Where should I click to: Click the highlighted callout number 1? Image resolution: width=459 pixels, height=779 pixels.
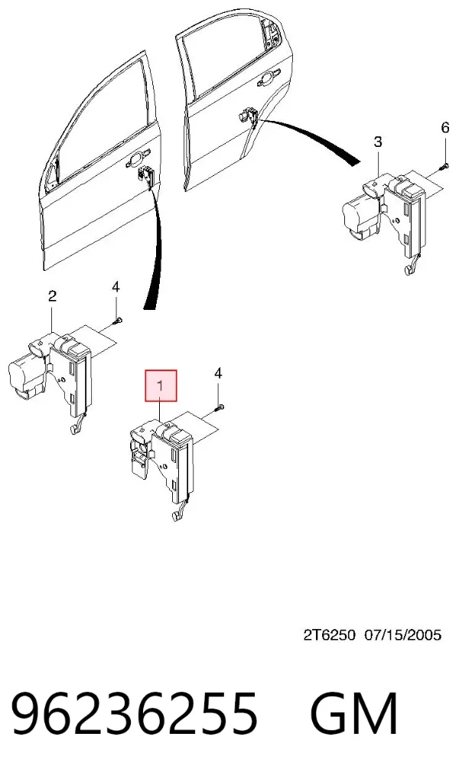(x=160, y=385)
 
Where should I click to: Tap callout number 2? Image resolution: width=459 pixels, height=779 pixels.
(x=52, y=297)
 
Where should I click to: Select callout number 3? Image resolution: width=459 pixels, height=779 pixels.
(x=378, y=142)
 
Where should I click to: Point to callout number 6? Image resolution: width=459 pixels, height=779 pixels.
(x=445, y=128)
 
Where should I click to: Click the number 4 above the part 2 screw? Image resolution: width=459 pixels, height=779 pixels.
(x=116, y=287)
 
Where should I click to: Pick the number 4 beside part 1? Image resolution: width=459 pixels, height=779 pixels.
(x=219, y=373)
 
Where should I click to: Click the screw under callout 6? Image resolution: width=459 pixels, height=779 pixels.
(x=444, y=166)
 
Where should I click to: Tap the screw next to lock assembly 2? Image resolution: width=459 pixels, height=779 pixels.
(x=119, y=321)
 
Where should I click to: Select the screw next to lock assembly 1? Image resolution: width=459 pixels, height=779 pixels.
(x=220, y=409)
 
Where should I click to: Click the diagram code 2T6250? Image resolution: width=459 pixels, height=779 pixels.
(x=330, y=634)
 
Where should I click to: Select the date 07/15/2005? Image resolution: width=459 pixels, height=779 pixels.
(x=403, y=634)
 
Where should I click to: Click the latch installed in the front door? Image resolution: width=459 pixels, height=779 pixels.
(x=147, y=175)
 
